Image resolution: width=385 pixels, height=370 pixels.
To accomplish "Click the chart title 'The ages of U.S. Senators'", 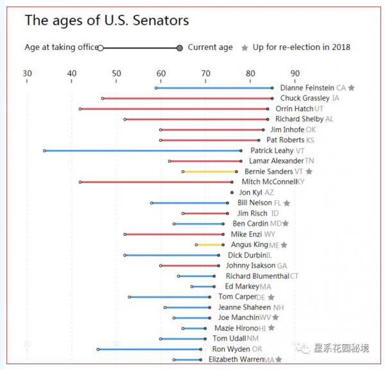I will (107, 21).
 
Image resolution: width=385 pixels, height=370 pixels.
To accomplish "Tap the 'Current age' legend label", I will (210, 47).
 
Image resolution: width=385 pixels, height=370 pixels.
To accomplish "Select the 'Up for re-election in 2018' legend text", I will (301, 47).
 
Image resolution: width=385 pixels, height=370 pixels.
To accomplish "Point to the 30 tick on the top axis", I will (27, 74).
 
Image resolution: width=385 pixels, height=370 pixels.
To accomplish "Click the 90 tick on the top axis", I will (295, 74).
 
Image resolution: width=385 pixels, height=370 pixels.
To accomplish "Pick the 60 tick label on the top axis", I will (160, 74).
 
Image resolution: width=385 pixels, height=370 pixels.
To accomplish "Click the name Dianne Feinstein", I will (307, 88).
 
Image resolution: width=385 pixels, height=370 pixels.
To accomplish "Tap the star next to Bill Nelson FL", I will (287, 203).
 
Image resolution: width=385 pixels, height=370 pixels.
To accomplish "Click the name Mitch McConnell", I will (269, 182).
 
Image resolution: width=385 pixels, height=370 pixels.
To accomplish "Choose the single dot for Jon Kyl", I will (232, 192).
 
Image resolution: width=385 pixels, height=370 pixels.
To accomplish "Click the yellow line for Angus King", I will (210, 244).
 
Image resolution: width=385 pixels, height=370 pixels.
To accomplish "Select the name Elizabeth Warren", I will (235, 360).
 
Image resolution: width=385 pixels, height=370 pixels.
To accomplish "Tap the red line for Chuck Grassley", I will (187, 98).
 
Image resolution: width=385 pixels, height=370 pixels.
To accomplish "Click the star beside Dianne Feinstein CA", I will (352, 88).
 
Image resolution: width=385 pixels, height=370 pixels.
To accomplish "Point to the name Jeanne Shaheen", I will (244, 308).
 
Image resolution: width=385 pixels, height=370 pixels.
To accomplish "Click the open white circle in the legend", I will (101, 47).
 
